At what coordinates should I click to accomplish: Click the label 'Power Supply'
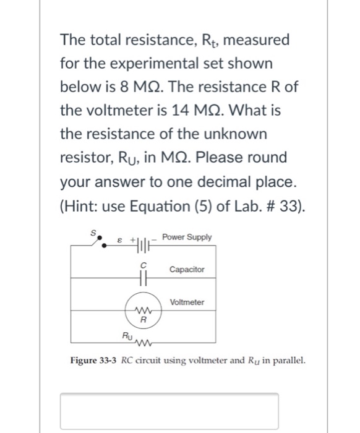187,238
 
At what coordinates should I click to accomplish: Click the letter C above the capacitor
142,264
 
